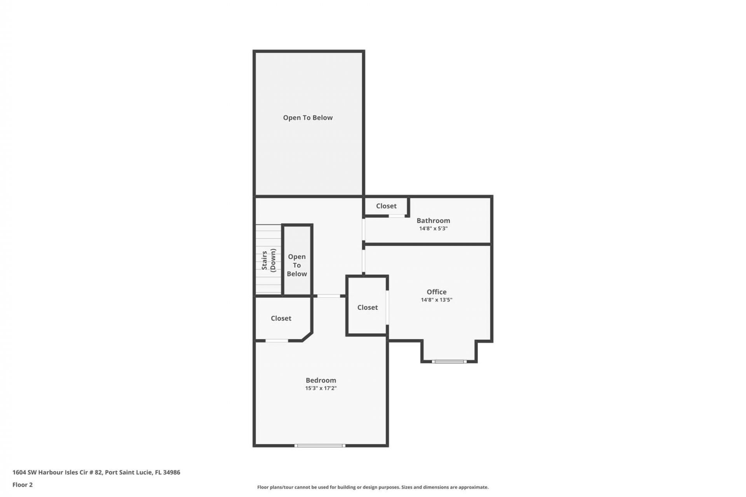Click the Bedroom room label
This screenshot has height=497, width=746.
point(321,380)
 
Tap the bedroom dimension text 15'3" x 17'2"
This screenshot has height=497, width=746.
point(321,388)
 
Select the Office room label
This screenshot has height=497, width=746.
point(436,292)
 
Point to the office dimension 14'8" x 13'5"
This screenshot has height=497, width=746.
point(436,300)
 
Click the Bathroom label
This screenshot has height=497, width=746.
point(433,220)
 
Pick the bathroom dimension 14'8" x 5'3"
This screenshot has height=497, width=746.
point(433,229)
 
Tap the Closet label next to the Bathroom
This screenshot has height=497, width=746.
point(386,206)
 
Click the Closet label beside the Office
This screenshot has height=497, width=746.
point(367,307)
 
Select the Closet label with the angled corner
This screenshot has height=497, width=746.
point(281,318)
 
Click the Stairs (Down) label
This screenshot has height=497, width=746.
point(268,260)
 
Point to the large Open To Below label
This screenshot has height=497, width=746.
point(308,117)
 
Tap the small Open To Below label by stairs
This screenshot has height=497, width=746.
point(297,265)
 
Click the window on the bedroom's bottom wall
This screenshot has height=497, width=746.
point(320,445)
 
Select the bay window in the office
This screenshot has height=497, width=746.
point(449,361)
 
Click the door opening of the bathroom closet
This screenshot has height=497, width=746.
point(397,216)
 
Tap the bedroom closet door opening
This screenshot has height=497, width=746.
point(277,341)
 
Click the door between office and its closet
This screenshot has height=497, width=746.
point(387,307)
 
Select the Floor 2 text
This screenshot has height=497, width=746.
point(23,485)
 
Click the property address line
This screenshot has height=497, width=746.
point(96,472)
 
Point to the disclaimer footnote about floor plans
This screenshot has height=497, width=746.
point(373,487)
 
